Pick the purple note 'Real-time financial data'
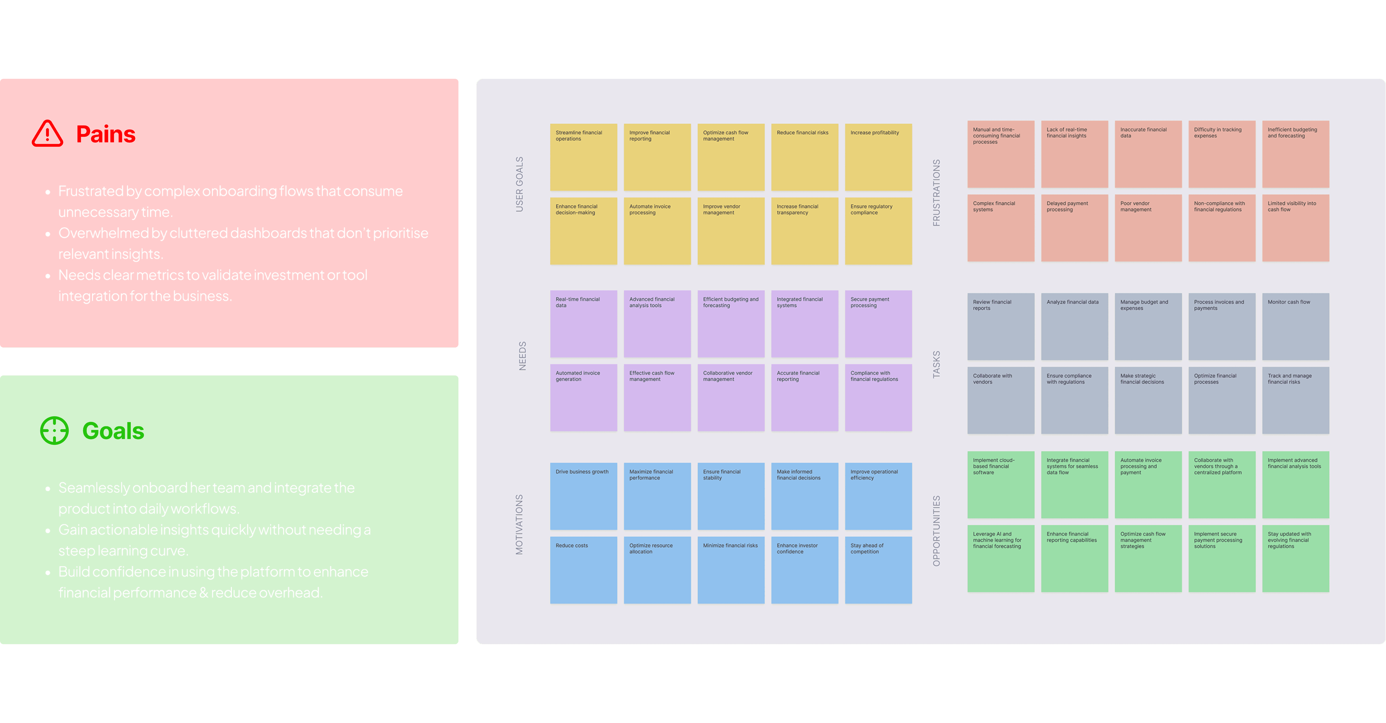pos(583,324)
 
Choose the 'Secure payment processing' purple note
pos(878,324)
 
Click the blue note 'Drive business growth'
pos(583,496)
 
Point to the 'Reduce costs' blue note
pos(583,569)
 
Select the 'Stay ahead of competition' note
pos(878,569)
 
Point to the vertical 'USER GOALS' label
pos(519,184)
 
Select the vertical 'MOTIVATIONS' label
pos(519,524)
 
